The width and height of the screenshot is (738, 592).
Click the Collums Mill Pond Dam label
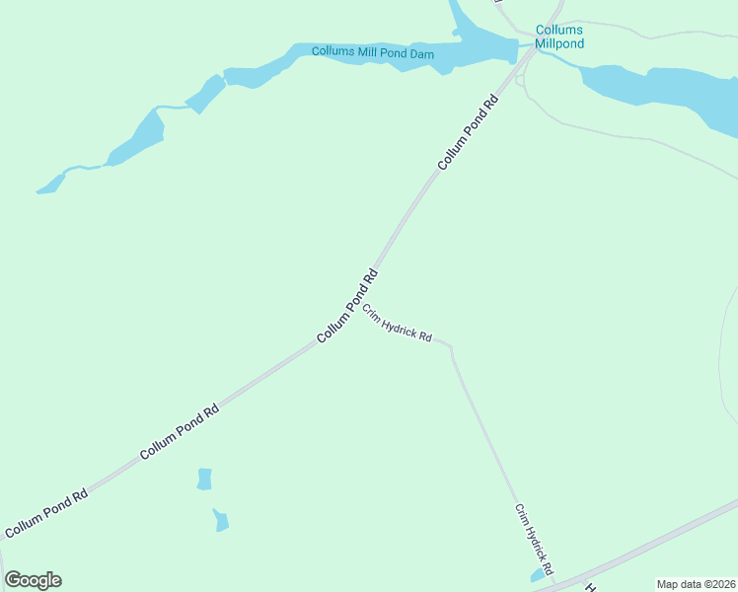[373, 52]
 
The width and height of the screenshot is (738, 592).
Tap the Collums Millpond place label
[559, 37]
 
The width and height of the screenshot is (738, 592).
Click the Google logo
[33, 580]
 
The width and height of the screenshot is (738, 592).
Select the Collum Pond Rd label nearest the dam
[470, 131]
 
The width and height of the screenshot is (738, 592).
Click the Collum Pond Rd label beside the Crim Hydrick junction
[347, 307]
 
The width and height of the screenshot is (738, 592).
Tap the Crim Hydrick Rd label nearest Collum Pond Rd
[397, 324]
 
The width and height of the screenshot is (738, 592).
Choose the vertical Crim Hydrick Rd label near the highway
[534, 540]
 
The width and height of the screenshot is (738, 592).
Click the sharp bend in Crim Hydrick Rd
[451, 347]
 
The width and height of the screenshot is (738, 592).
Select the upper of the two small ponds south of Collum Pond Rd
[204, 480]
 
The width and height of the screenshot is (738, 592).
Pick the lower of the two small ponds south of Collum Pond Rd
[221, 520]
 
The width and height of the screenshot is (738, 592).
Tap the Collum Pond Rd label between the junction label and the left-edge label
[179, 432]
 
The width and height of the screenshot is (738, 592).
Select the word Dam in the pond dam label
[422, 53]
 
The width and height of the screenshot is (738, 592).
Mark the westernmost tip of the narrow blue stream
[38, 190]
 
